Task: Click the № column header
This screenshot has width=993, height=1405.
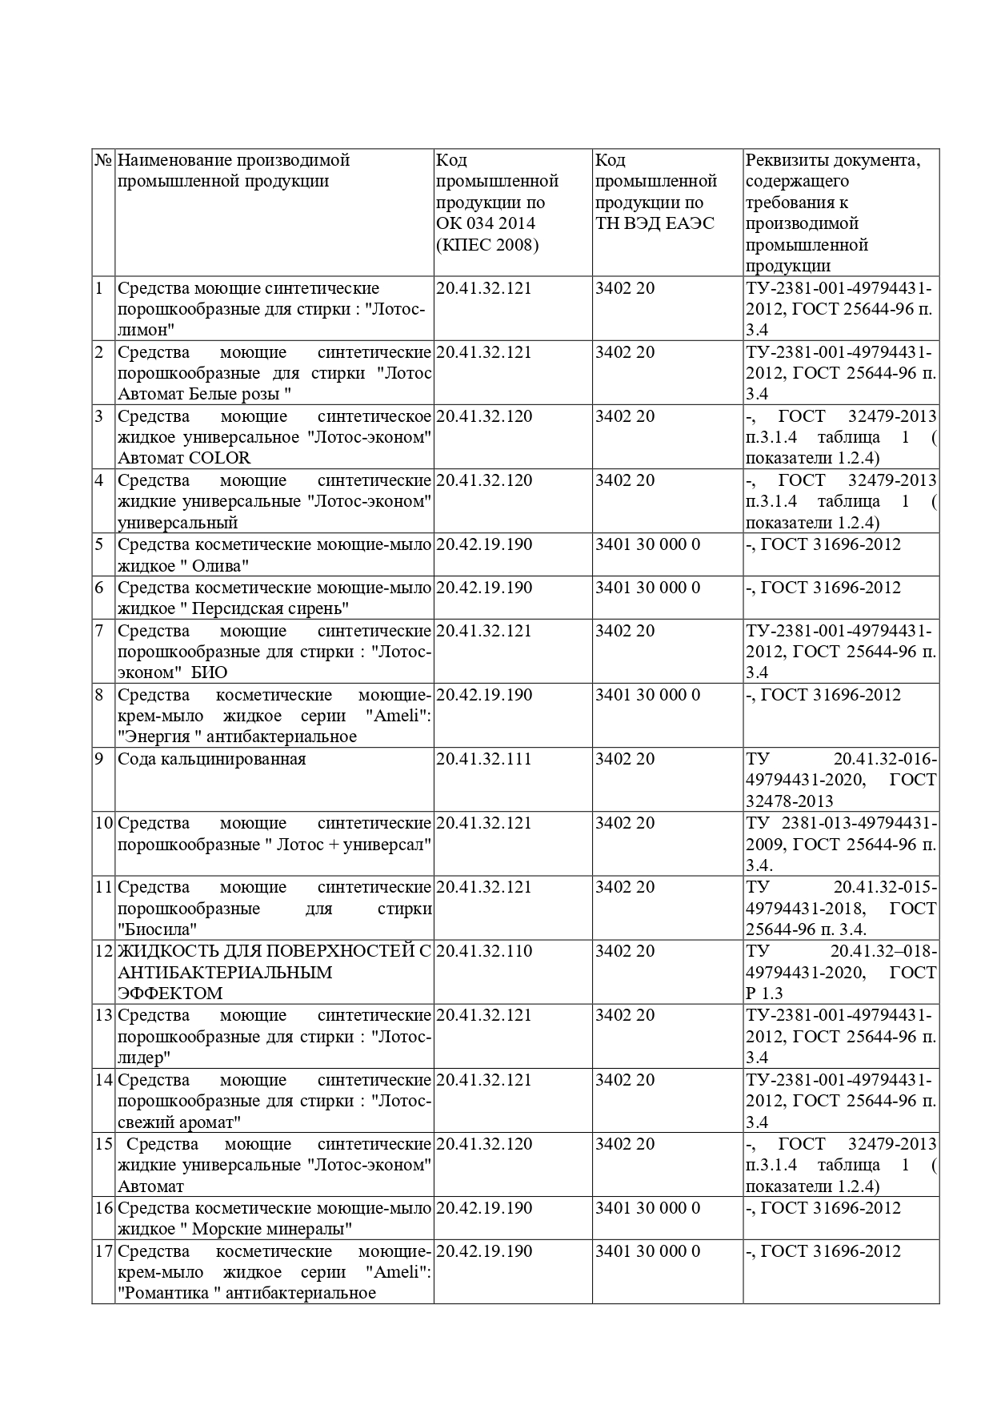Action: point(102,160)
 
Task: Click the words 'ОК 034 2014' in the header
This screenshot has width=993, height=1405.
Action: point(486,223)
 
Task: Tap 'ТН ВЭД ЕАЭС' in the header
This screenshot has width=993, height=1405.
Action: point(655,223)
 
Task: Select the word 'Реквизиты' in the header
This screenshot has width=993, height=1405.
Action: point(784,160)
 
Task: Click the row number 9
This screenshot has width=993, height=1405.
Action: point(99,759)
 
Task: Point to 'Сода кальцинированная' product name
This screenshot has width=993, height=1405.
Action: point(211,759)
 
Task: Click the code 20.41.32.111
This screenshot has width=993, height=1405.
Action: point(483,759)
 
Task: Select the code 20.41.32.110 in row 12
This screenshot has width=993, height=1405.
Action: point(483,951)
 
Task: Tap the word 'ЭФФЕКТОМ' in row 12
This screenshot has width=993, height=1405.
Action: point(170,994)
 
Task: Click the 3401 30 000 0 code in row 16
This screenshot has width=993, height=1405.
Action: point(647,1208)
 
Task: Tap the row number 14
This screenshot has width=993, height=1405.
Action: point(103,1079)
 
